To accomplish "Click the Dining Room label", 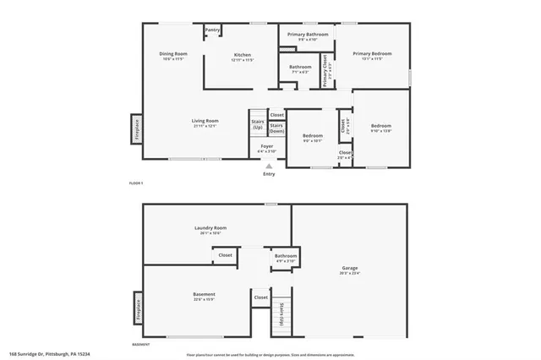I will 173,54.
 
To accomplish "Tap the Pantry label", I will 212,30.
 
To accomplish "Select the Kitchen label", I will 243,55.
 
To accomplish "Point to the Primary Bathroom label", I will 307,34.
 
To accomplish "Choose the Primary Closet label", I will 325,65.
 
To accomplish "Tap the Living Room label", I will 205,121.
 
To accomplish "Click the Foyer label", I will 266,146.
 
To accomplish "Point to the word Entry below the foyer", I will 269,174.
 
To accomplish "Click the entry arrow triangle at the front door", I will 269,166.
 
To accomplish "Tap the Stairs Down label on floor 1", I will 276,128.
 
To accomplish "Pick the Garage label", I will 349,269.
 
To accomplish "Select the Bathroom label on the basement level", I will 286,255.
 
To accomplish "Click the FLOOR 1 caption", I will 135,183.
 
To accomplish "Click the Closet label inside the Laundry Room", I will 226,255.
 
